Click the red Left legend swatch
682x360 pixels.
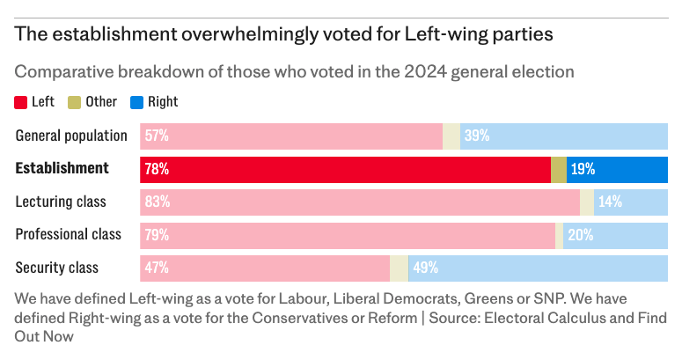[21, 102]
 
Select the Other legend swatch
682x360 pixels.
[75, 102]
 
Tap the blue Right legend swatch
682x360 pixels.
[136, 102]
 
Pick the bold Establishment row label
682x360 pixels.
[62, 168]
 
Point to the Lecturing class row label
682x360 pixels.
[61, 202]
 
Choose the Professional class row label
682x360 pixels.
[69, 235]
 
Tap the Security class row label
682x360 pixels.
[57, 268]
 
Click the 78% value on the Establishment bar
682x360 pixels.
[158, 169]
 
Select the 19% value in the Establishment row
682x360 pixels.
[583, 169]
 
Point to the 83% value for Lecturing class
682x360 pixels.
[158, 202]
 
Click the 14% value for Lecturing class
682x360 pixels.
[610, 202]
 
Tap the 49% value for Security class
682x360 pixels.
[425, 268]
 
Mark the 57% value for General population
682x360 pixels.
[158, 136]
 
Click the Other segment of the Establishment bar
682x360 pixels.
[559, 169]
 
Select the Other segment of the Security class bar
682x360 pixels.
[399, 268]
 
